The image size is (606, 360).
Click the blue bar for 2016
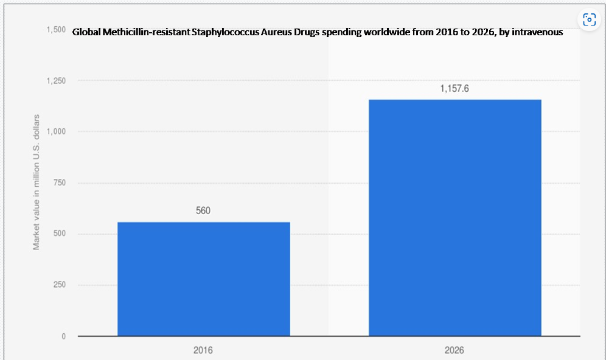[204, 279]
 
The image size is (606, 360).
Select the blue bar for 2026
[455, 218]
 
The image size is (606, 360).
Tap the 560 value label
[203, 210]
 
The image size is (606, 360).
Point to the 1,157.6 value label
[454, 88]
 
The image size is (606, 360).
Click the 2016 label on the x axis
[203, 350]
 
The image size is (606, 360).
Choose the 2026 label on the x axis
[454, 350]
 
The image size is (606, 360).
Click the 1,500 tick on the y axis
[56, 30]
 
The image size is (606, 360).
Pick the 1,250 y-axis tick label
[56, 81]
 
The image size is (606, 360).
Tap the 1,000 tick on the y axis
[56, 132]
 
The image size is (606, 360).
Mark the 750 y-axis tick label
[60, 182]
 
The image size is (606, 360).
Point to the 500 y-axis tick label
[60, 234]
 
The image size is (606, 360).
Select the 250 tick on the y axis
[60, 285]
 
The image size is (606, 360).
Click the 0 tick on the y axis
[64, 336]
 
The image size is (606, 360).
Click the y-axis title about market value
[36, 182]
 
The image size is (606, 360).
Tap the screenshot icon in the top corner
[590, 19]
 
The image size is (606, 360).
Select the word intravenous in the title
[537, 32]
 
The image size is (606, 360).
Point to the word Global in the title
[86, 32]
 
